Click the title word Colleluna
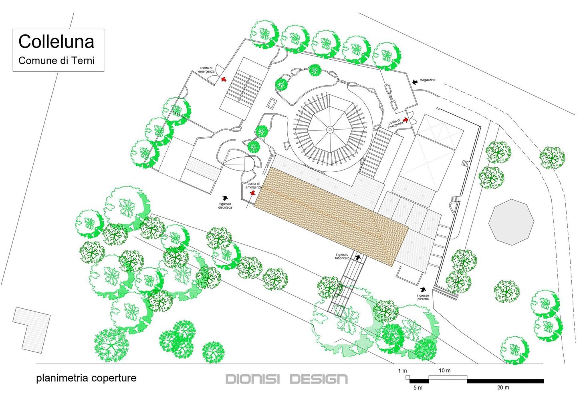click(x=56, y=42)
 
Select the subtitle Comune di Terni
click(x=56, y=61)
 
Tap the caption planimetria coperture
click(x=86, y=378)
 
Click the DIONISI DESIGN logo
click(x=286, y=379)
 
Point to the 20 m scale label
click(x=503, y=388)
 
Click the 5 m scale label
click(x=418, y=388)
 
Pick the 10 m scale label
click(x=444, y=370)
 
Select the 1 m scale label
click(x=402, y=371)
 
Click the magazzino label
click(x=428, y=80)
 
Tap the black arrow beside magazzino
click(x=415, y=82)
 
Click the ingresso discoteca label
click(x=225, y=206)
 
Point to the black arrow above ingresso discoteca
click(x=225, y=198)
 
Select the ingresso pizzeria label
click(x=423, y=297)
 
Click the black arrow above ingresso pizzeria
click(x=423, y=289)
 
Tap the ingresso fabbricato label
click(x=342, y=256)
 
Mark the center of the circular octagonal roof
click(x=330, y=129)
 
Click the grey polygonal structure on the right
click(x=511, y=222)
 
